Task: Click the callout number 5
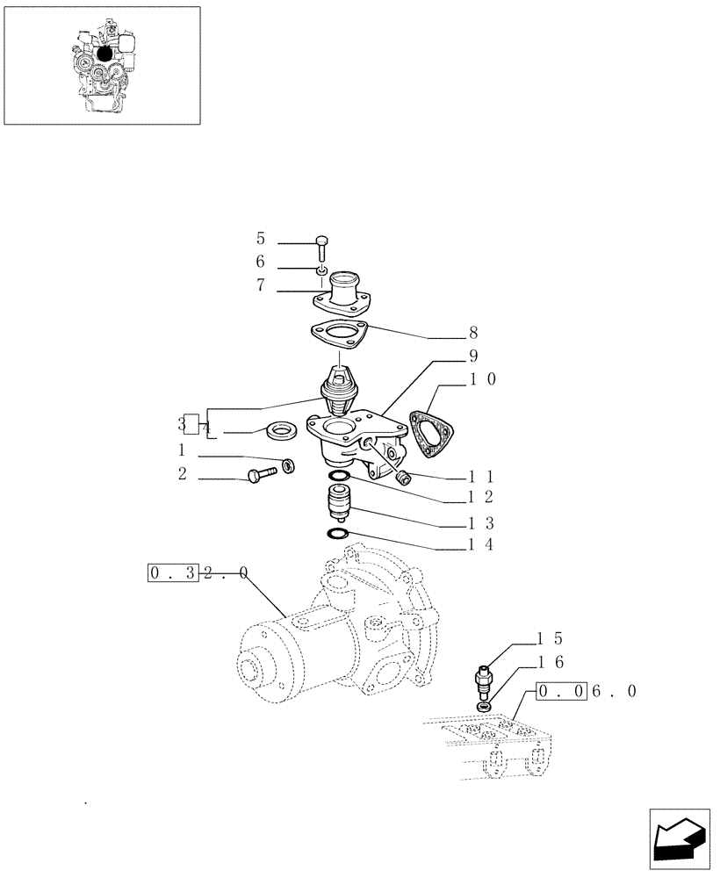pyautogui.click(x=261, y=239)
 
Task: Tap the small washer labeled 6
pyautogui.click(x=322, y=270)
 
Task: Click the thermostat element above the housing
pyautogui.click(x=337, y=391)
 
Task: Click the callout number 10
pyautogui.click(x=483, y=379)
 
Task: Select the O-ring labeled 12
pyautogui.click(x=338, y=477)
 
